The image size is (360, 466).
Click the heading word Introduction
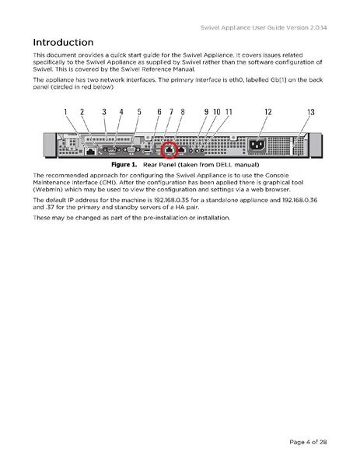(x=74, y=41)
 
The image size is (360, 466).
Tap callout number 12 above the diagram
(x=267, y=112)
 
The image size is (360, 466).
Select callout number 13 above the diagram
(x=311, y=112)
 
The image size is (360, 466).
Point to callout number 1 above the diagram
(x=66, y=112)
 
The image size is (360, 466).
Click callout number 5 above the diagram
(x=139, y=112)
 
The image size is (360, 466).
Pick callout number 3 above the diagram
(x=104, y=112)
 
